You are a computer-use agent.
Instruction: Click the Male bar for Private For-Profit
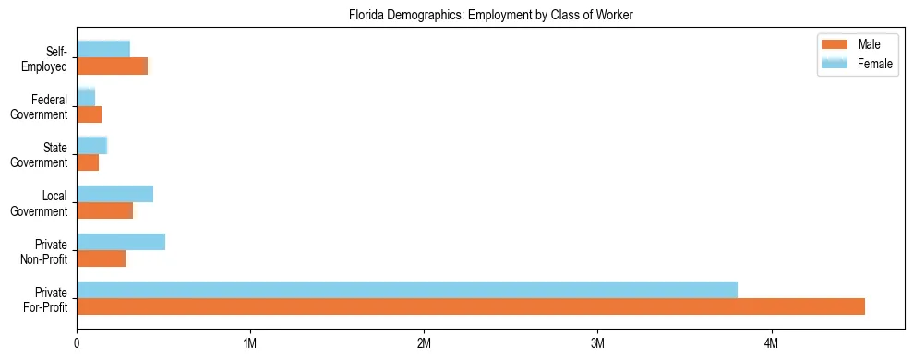coord(471,306)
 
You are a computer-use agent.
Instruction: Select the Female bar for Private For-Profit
coord(407,290)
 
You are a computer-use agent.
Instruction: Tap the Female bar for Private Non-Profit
coord(121,242)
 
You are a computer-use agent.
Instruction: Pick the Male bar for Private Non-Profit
coord(101,258)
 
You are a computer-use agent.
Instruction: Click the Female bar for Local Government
coord(114,194)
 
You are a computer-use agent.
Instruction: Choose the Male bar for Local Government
coord(104,210)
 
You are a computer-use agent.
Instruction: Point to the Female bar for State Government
coord(91,145)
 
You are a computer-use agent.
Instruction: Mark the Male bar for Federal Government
coord(89,114)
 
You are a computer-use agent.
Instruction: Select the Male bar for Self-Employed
coord(112,66)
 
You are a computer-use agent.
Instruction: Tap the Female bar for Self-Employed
coord(103,49)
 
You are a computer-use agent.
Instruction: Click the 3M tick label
coord(597,342)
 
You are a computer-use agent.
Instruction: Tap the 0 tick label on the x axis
coord(77,342)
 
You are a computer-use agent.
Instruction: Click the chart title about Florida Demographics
coord(490,16)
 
